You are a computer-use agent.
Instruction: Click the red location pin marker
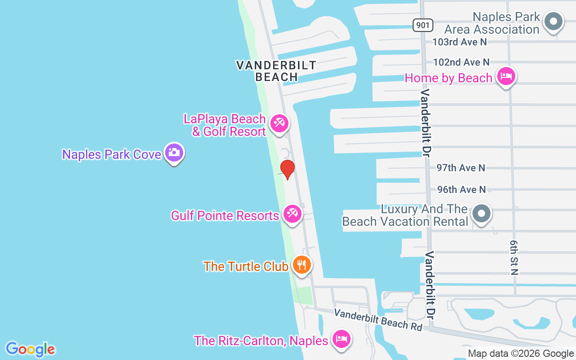tap(287, 169)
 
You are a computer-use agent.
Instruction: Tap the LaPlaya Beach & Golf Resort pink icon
tap(279, 123)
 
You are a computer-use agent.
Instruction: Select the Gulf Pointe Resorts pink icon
tap(292, 213)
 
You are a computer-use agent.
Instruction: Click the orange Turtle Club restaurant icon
tap(301, 264)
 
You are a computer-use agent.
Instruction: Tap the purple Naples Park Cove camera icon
tap(174, 153)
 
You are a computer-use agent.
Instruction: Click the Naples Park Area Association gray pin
tap(553, 21)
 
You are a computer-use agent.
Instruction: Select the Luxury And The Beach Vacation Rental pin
tap(481, 213)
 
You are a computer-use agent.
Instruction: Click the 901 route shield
tap(423, 25)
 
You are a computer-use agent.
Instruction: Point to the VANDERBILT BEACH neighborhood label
tap(276, 71)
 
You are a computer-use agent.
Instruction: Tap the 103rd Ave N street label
tap(459, 42)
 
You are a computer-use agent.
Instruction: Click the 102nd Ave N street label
tap(461, 62)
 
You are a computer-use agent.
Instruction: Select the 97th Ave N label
tap(461, 168)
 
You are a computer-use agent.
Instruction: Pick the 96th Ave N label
tap(461, 189)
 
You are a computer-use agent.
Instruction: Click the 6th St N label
tap(514, 257)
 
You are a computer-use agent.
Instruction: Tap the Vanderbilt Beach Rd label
tap(378, 319)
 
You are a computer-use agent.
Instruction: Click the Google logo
tap(30, 349)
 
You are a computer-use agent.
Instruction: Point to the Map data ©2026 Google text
tap(521, 354)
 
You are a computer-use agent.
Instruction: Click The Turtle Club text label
tap(246, 266)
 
